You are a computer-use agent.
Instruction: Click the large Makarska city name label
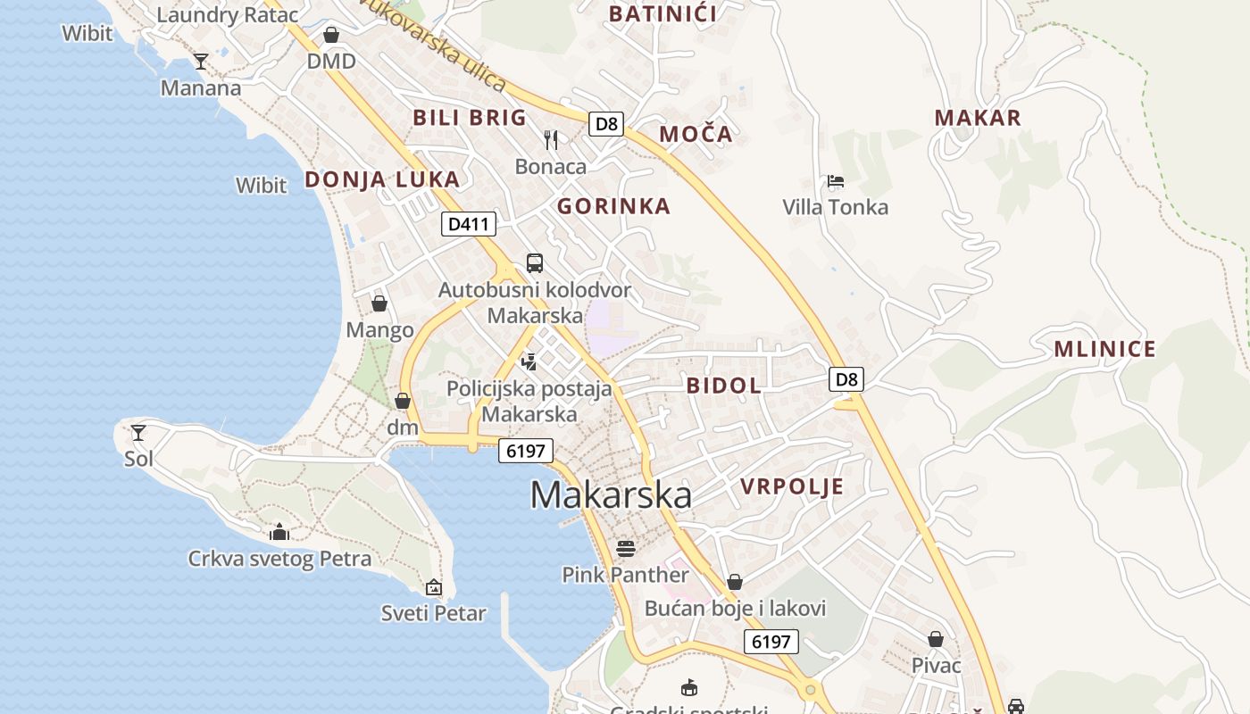(x=611, y=494)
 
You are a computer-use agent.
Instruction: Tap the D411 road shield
(x=468, y=224)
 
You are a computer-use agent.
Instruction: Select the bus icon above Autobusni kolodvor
(x=535, y=262)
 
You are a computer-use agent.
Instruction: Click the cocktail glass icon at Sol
(x=138, y=433)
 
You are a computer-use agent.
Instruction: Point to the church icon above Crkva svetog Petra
(x=279, y=532)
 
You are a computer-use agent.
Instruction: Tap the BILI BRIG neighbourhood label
(x=470, y=117)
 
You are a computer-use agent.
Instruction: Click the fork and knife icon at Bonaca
(x=551, y=139)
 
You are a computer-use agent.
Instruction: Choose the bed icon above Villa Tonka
(x=836, y=181)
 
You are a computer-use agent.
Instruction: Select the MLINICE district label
(x=1104, y=349)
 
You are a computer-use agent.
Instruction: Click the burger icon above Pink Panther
(x=625, y=547)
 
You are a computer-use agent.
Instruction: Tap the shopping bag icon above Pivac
(x=936, y=639)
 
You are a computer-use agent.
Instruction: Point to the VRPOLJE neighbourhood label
(x=792, y=486)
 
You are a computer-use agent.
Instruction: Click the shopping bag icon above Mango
(x=379, y=303)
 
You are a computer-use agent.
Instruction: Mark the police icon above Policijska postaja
(x=529, y=361)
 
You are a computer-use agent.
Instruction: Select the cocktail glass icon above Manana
(x=201, y=61)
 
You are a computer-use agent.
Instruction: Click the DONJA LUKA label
(x=382, y=179)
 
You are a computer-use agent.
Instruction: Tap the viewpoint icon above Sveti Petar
(x=434, y=586)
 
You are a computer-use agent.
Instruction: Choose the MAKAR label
(x=978, y=118)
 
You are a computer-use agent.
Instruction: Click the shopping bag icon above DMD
(x=331, y=35)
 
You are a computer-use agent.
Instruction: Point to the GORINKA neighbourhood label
(x=613, y=206)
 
